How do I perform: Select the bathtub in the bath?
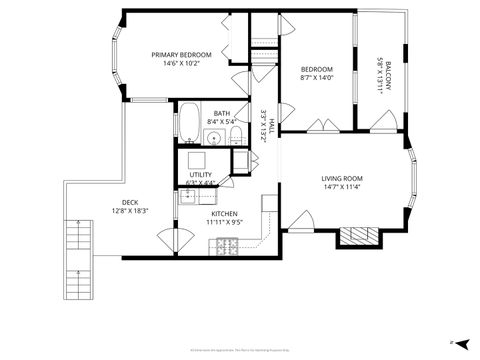tap(189, 125)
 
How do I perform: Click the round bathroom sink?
tap(213, 138)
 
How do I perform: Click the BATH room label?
tap(221, 113)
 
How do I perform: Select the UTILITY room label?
tap(201, 175)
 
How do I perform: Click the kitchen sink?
tap(192, 197)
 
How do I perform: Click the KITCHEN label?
tap(223, 214)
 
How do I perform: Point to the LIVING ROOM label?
tap(345, 178)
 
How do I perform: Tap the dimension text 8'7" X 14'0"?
tap(315, 77)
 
